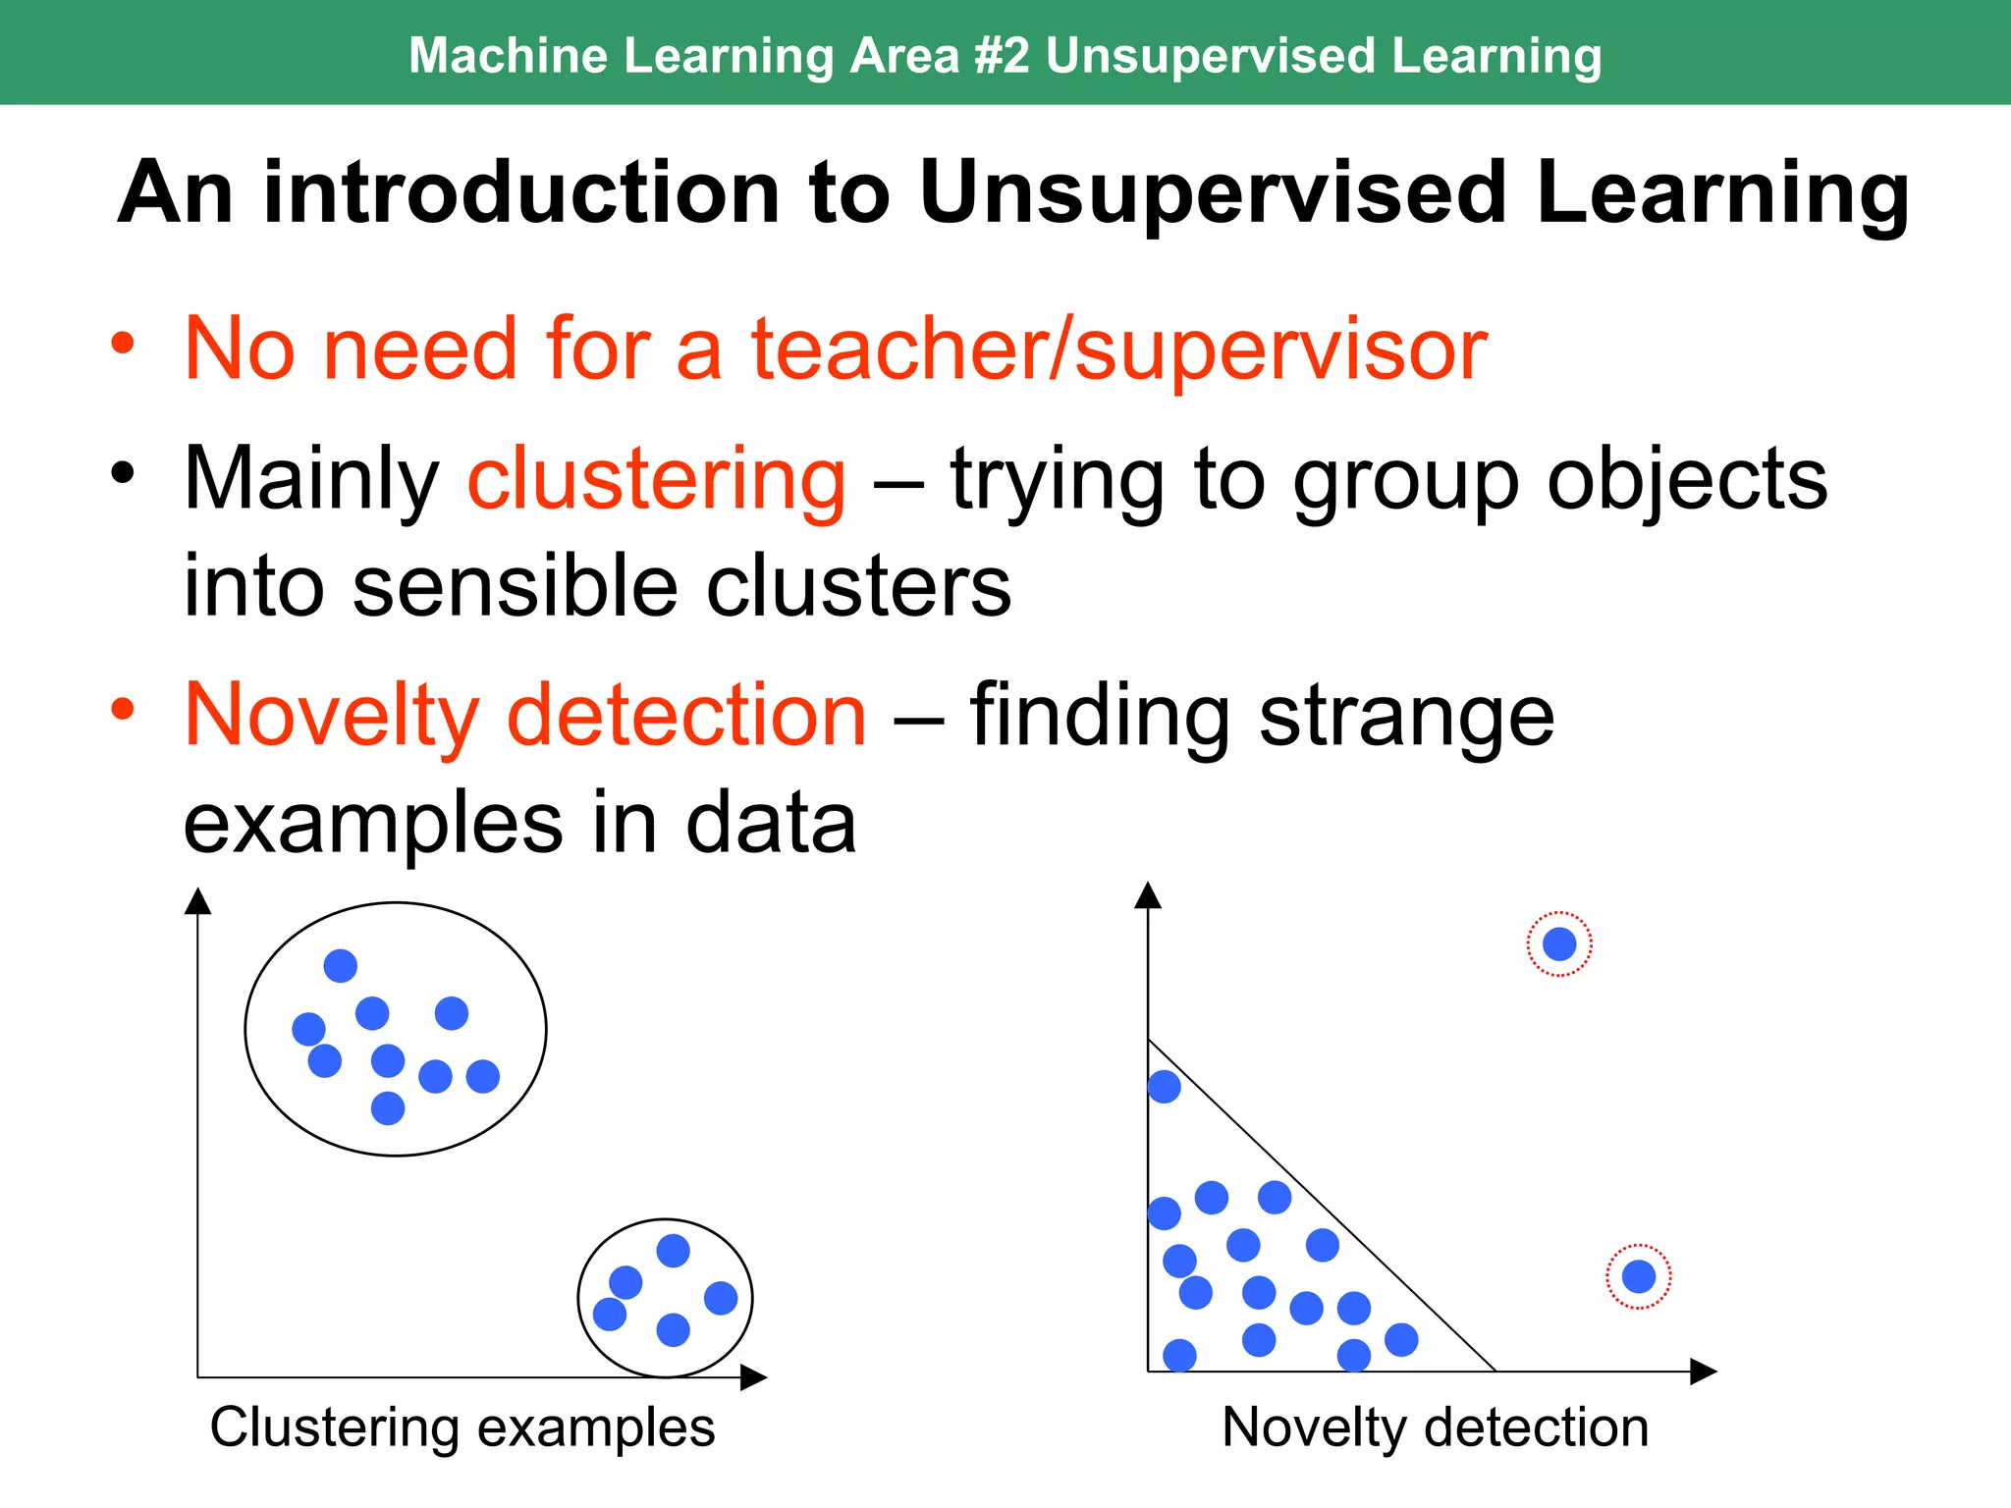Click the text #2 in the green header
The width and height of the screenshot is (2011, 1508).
pyautogui.click(x=1002, y=55)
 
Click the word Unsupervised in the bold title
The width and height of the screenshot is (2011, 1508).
pyautogui.click(x=1213, y=192)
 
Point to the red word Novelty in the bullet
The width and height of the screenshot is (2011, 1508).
pyautogui.click(x=332, y=715)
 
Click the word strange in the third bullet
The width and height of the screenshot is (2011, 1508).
pyautogui.click(x=1406, y=717)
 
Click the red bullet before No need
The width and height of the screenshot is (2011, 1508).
pyautogui.click(x=122, y=344)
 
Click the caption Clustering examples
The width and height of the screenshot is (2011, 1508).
pyautogui.click(x=462, y=1427)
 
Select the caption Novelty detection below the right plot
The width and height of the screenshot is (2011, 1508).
pyautogui.click(x=1435, y=1427)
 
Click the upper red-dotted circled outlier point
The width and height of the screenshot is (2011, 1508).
pyautogui.click(x=1559, y=944)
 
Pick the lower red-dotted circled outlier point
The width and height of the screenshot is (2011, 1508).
pyautogui.click(x=1639, y=1276)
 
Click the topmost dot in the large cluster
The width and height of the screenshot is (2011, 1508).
pyautogui.click(x=340, y=966)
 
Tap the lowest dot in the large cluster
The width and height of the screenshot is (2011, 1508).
pyautogui.click(x=388, y=1108)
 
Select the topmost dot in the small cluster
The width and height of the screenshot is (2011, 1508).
pyautogui.click(x=673, y=1251)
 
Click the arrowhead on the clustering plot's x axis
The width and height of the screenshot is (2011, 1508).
pyautogui.click(x=753, y=1377)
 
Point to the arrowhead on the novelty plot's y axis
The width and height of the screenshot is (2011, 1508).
pyautogui.click(x=1148, y=894)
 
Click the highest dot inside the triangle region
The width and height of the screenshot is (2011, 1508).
pyautogui.click(x=1164, y=1087)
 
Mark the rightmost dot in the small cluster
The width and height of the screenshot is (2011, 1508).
pyautogui.click(x=721, y=1298)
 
